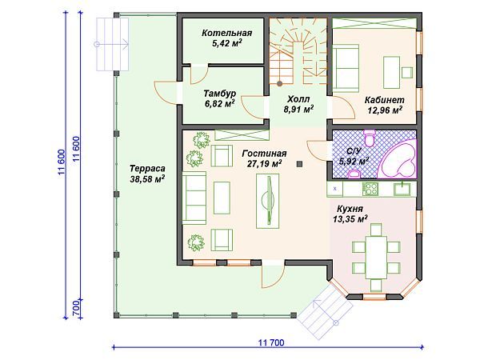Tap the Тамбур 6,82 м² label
coord(219,98)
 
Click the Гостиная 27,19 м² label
coord(264,158)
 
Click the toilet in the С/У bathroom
coord(370,137)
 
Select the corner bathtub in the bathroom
coord(397,159)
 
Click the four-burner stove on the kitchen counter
coord(370,189)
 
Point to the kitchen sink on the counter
coord(402,189)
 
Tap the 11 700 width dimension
coord(271,342)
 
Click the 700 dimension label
coord(76,308)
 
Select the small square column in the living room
coord(300,164)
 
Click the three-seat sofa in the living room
coord(194,198)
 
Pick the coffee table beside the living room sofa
coord(222,198)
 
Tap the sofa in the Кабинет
coord(346,68)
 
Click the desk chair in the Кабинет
coord(407,73)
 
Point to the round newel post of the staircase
coord(279,83)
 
